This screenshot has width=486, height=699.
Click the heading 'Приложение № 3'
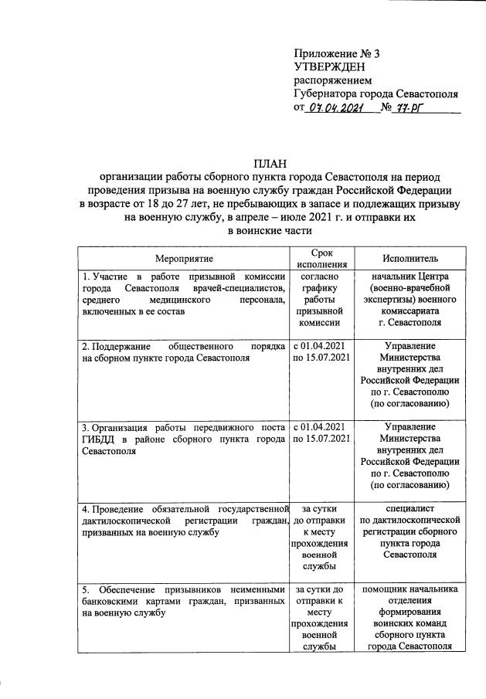(x=337, y=53)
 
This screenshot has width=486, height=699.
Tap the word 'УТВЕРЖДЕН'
(x=328, y=67)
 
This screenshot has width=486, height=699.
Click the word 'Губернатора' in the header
(x=328, y=95)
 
